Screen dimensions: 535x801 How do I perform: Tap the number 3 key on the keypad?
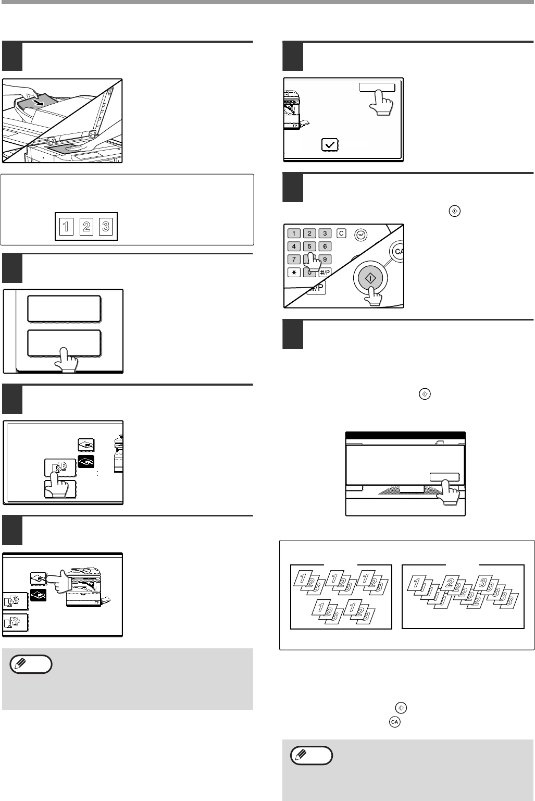(x=325, y=233)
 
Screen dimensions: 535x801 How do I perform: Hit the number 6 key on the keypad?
(x=325, y=247)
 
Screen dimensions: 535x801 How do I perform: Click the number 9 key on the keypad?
(x=325, y=259)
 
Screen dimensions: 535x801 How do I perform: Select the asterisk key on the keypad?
(x=294, y=272)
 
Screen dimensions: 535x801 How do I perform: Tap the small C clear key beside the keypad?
(x=341, y=233)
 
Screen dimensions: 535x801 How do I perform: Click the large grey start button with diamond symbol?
(x=370, y=278)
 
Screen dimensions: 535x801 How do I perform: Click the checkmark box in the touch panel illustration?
(x=330, y=144)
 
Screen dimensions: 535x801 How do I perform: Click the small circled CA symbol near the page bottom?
(x=394, y=722)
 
